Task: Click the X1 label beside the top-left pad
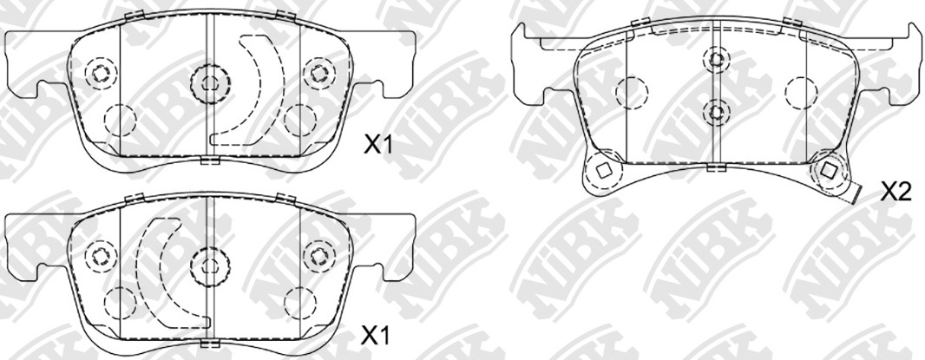pyautogui.click(x=377, y=146)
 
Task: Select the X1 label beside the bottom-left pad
pyautogui.click(x=376, y=335)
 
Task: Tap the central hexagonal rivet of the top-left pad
pyautogui.click(x=210, y=83)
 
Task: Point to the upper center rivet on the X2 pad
pyautogui.click(x=715, y=59)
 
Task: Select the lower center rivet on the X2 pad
pyautogui.click(x=715, y=111)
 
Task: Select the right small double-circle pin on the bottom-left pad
pyautogui.click(x=318, y=254)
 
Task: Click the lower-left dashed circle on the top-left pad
pyautogui.click(x=118, y=120)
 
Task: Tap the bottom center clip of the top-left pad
pyautogui.click(x=210, y=159)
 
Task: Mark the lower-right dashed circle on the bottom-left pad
pyautogui.click(x=300, y=301)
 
